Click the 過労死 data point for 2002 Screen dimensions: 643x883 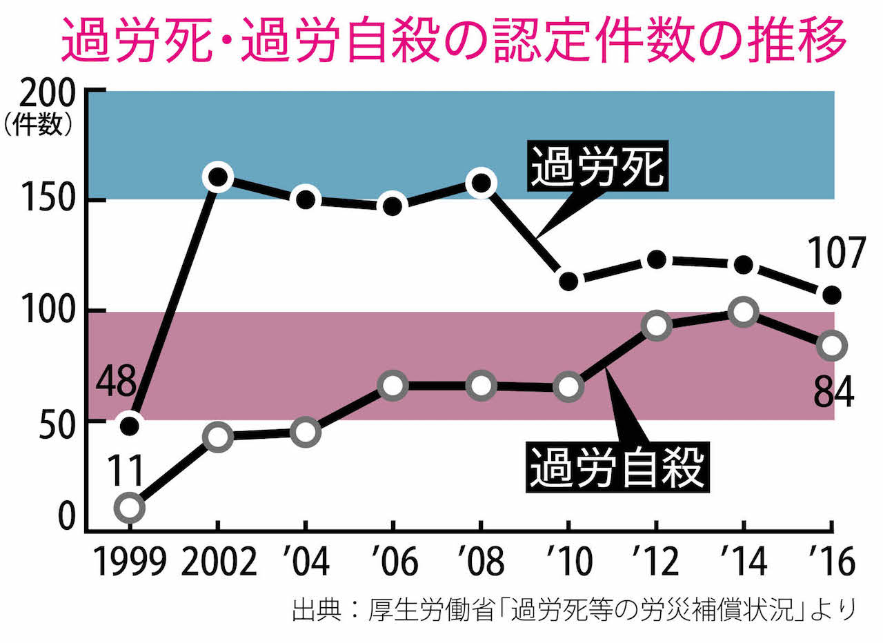(218, 177)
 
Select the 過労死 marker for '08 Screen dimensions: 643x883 (481, 183)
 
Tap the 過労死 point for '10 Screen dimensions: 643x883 (568, 281)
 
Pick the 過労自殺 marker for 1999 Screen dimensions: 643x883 (130, 508)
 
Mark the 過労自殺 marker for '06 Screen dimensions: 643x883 (393, 386)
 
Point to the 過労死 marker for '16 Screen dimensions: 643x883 (833, 295)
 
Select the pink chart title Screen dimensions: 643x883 (454, 40)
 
